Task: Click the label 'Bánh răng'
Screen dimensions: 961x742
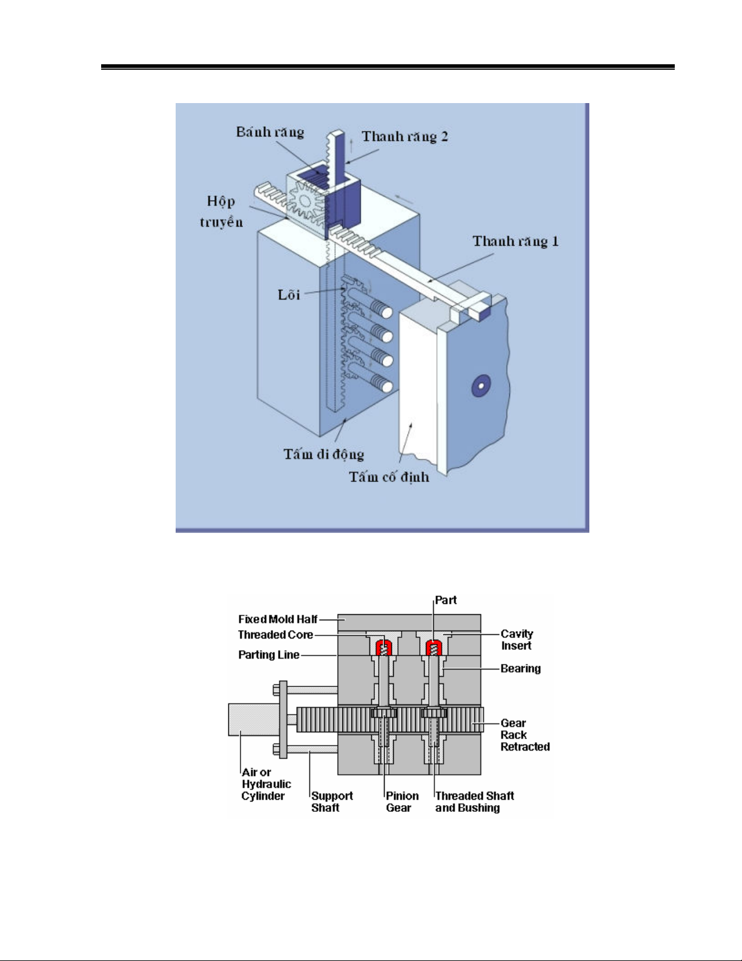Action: pos(270,132)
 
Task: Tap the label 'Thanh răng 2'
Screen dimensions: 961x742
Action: pos(405,136)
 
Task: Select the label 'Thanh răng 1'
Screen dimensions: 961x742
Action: pos(515,241)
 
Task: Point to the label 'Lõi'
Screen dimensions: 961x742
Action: pos(289,295)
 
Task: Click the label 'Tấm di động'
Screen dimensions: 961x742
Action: pos(323,454)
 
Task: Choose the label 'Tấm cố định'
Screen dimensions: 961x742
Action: pos(389,477)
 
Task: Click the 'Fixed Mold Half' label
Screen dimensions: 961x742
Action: pos(277,619)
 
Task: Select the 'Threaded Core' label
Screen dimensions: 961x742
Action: pos(275,635)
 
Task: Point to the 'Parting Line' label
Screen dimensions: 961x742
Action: pos(268,655)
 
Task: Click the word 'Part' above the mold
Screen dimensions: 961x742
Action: pos(446,600)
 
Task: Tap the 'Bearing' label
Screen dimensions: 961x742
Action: pos(520,668)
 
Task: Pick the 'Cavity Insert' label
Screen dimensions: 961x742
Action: pos(517,640)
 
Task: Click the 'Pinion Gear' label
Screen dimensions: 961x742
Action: pos(402,802)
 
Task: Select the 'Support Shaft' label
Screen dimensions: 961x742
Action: pos(331,802)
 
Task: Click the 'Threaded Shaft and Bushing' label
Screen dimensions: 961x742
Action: pos(474,802)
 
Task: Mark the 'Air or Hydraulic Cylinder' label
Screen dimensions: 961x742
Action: pos(265,784)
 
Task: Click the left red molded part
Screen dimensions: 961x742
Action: pos(383,647)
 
